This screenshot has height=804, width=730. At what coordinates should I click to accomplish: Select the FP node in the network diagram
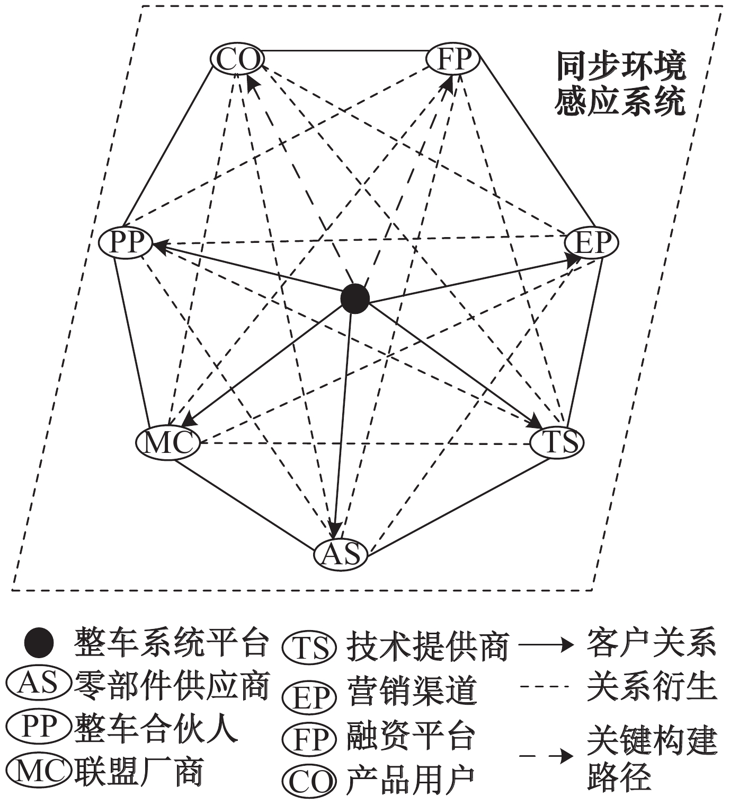[453, 58]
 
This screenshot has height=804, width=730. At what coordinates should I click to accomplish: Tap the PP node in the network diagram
[126, 243]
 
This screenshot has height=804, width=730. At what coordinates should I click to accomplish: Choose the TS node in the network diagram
[556, 441]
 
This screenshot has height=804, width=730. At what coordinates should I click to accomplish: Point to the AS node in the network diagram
[341, 554]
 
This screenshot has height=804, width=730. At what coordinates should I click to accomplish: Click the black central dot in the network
[354, 299]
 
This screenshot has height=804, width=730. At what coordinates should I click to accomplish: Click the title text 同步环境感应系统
[620, 83]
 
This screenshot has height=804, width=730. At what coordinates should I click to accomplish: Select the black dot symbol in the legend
[39, 643]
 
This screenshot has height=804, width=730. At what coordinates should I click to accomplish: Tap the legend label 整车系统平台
[172, 643]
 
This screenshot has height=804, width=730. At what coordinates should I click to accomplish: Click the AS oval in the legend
[39, 684]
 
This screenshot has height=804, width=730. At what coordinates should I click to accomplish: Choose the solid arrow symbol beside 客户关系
[546, 645]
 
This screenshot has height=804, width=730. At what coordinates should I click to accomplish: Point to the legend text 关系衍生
[652, 687]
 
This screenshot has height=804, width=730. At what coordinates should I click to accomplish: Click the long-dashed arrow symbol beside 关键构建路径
[546, 756]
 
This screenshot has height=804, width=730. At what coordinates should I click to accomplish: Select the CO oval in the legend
[309, 781]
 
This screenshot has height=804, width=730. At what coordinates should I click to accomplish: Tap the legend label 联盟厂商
[139, 772]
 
